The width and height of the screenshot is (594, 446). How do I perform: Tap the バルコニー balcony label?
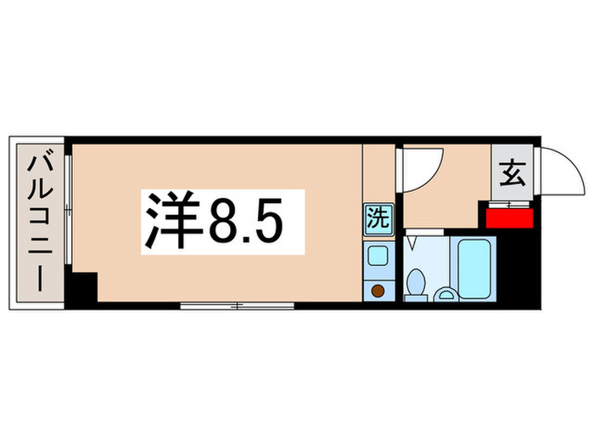pyautogui.click(x=39, y=223)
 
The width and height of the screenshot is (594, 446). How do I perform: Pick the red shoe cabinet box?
pyautogui.click(x=509, y=217)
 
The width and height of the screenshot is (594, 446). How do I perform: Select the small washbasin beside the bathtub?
pyautogui.click(x=445, y=295)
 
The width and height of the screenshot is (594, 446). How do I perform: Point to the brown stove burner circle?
pyautogui.click(x=378, y=291)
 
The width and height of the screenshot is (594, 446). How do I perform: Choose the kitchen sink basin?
pyautogui.click(x=377, y=256)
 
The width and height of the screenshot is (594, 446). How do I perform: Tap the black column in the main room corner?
pyautogui.click(x=82, y=288)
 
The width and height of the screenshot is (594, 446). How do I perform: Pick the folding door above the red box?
pyautogui.click(x=508, y=203)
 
